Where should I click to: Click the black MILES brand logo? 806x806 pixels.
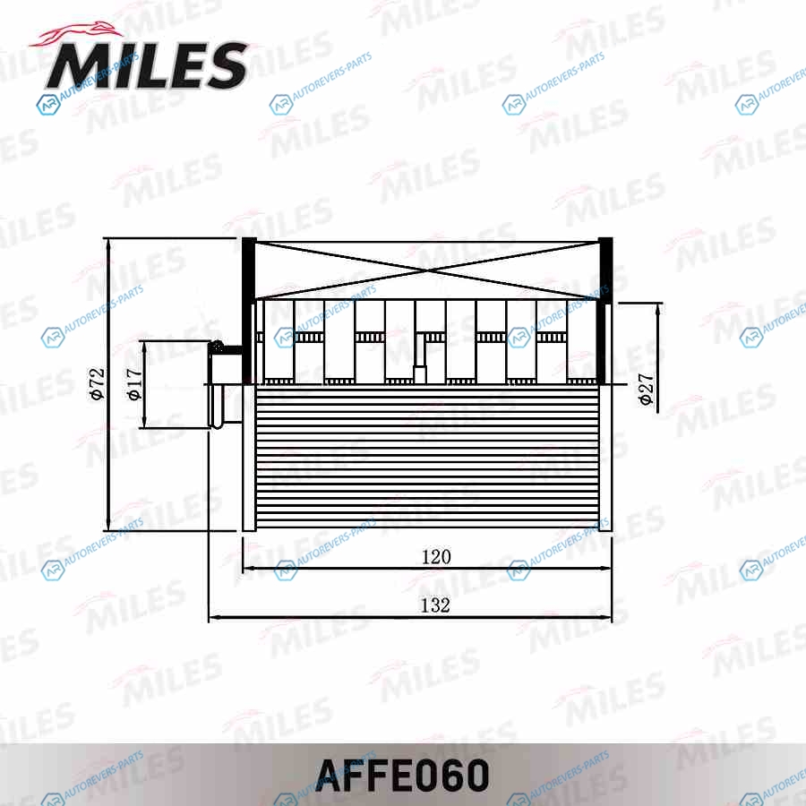click(x=148, y=64)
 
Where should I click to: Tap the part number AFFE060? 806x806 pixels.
click(x=402, y=776)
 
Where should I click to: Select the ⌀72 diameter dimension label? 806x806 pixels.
click(x=97, y=383)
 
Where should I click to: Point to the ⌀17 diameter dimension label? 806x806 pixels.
click(x=133, y=384)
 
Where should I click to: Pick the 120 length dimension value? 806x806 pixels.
click(x=436, y=557)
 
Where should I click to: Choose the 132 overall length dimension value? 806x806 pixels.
click(x=435, y=605)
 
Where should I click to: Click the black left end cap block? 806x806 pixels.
click(x=248, y=310)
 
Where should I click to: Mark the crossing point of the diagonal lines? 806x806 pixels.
click(x=428, y=270)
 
